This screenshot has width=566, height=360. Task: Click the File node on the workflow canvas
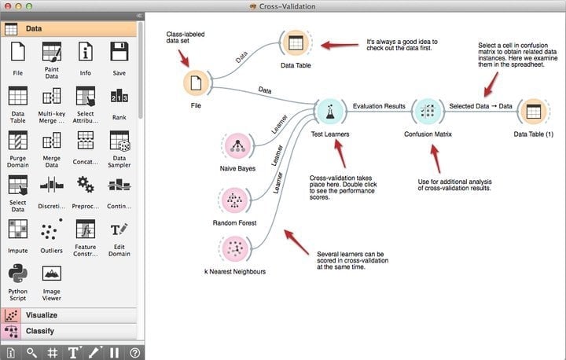[x=196, y=83]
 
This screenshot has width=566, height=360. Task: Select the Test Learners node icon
[x=330, y=111]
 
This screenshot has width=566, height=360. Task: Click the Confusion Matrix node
[x=428, y=111]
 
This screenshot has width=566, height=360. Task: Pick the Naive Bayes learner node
[x=237, y=146]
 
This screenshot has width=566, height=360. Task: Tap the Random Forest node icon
[x=234, y=200]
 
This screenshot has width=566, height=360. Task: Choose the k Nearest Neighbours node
[x=235, y=248]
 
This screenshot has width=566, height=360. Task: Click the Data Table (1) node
[x=534, y=111]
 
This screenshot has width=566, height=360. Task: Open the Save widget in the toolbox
[x=119, y=51]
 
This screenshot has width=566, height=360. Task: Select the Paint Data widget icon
[x=52, y=52]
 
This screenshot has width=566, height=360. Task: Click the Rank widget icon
[x=119, y=97]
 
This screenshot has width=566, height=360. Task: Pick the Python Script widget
[x=17, y=274]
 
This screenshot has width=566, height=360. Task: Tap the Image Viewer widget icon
[x=52, y=274]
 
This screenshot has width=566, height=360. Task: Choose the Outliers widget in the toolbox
[x=52, y=230]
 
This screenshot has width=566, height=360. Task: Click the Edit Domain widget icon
[x=119, y=230]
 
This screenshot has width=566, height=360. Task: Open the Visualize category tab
[x=69, y=315]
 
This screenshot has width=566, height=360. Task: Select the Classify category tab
[x=69, y=331]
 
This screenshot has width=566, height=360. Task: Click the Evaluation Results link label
[x=379, y=106]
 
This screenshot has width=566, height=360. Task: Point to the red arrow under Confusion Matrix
[x=436, y=159]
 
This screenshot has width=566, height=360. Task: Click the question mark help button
[x=134, y=353]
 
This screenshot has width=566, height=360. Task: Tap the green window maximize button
[x=29, y=6]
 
